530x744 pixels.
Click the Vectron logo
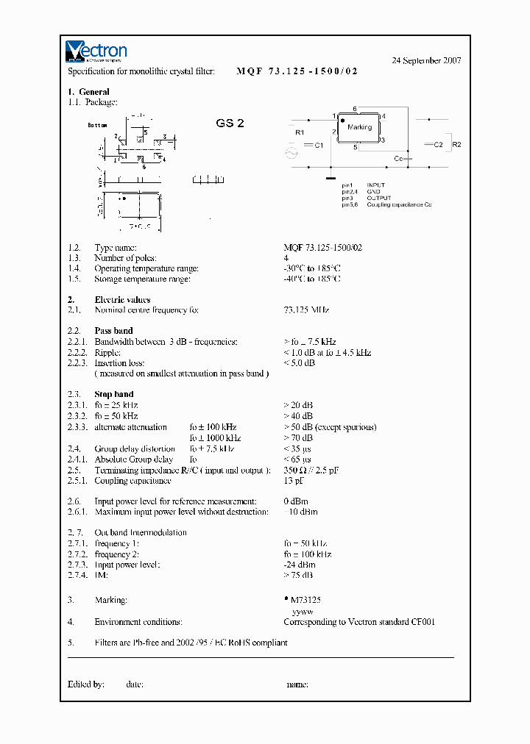(96, 51)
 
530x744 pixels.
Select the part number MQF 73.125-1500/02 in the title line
(297, 71)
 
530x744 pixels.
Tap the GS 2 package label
(230, 124)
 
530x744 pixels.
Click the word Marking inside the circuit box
(359, 127)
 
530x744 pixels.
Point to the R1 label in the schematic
(299, 132)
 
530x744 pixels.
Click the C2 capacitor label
(438, 145)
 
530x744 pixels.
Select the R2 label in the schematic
(456, 145)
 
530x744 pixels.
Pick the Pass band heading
(113, 331)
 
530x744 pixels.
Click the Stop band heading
(113, 395)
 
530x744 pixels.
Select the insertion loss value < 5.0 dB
(300, 363)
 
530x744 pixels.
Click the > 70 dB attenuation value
(298, 438)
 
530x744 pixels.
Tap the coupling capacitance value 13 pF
(294, 481)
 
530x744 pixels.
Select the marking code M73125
(305, 601)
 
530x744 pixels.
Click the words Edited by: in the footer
(85, 684)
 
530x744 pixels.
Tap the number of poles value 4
(286, 258)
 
